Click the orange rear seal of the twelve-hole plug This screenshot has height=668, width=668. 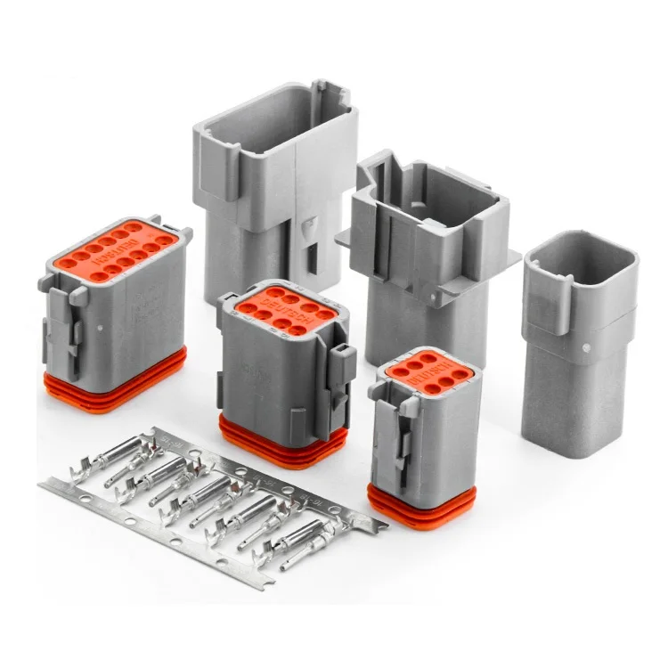tap(116, 383)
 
